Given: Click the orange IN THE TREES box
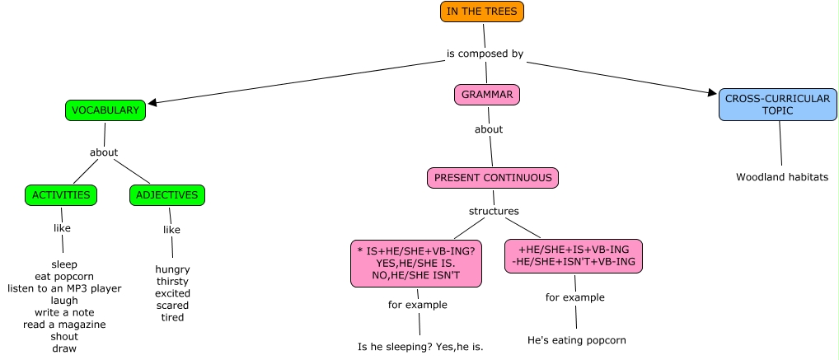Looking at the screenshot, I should point(482,12).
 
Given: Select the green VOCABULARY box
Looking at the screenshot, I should point(105,110).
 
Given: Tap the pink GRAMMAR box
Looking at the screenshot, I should point(487,95).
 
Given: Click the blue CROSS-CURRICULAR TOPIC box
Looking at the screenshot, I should point(777,105).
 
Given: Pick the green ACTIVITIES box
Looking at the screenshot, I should point(61,195).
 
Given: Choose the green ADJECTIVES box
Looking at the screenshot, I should point(167,195).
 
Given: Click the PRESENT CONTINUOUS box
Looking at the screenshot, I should point(493,178).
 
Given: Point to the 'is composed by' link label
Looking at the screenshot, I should point(485,54).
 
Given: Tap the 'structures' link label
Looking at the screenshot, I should point(494,211).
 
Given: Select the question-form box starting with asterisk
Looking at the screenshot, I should point(416,264).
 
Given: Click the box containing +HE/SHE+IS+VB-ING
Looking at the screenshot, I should point(574,255).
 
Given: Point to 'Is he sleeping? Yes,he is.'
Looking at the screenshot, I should point(420,347).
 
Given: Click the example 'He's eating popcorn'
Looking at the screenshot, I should point(577,340).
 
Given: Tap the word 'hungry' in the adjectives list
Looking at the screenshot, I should point(172,269).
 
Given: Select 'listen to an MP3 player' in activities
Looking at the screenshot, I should point(64,288).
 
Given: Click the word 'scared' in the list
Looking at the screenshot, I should point(172,306).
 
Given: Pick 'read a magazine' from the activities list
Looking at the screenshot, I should point(64,325).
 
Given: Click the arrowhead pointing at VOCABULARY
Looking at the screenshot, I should point(152,103).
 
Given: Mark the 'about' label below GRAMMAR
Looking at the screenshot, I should point(489,129).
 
